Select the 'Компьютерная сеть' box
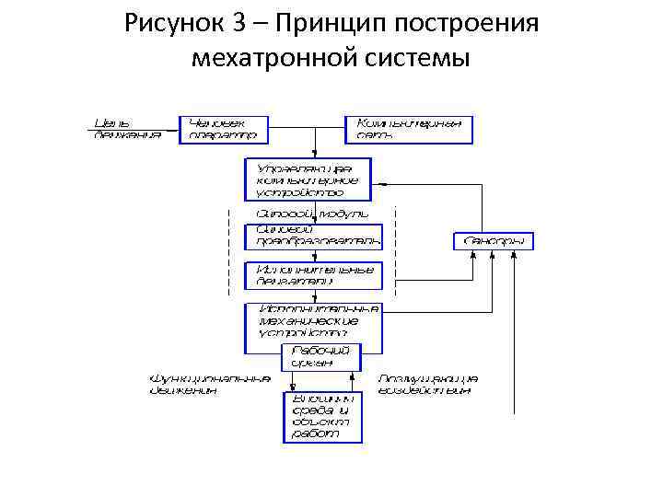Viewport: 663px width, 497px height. [x=409, y=129]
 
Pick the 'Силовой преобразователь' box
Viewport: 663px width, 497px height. [x=312, y=235]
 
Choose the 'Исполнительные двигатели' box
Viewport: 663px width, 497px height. [x=312, y=274]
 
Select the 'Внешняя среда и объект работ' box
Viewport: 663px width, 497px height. [x=321, y=416]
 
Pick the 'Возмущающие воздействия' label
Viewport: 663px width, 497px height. [x=428, y=384]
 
